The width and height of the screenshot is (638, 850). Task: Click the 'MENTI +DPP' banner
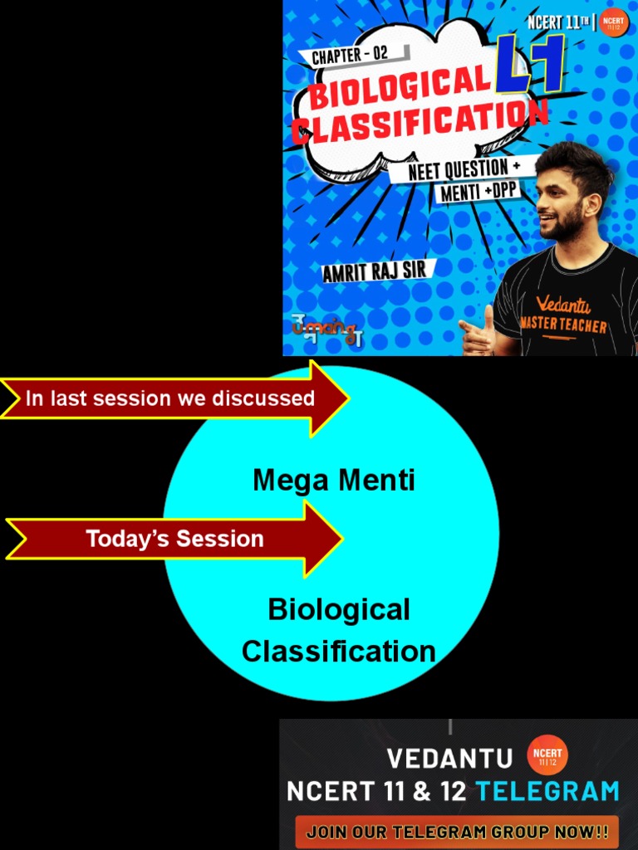point(479,193)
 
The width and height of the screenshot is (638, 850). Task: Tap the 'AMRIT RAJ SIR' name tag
point(375,271)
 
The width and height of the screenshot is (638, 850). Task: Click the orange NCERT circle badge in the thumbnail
point(613,22)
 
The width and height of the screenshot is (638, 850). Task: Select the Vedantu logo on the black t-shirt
point(563,305)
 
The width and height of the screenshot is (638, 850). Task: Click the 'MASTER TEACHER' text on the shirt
point(563,325)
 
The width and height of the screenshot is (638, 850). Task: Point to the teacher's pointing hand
point(477,333)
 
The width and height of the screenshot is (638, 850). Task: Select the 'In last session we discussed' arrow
point(174,398)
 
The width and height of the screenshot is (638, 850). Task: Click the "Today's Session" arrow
point(174,539)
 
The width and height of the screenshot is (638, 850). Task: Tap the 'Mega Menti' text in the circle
point(334,480)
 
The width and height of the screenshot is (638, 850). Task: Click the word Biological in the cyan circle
point(339,609)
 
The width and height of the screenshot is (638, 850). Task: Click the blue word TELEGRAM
point(547,791)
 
